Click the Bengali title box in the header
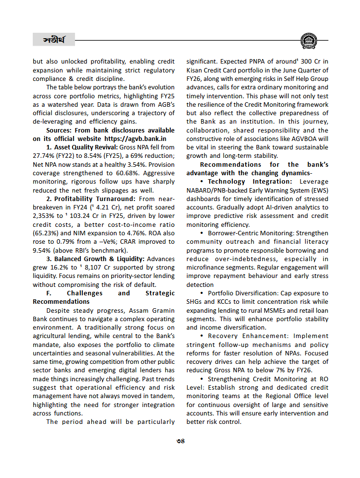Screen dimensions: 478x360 pos(53,39)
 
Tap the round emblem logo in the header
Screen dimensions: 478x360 pos(309,40)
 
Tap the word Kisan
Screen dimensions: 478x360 pos(196,70)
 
